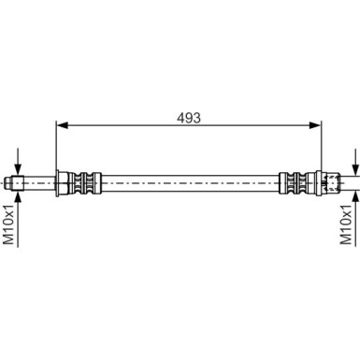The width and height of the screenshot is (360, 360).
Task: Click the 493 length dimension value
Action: click(x=190, y=119)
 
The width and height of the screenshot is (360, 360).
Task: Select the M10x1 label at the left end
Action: click(x=8, y=228)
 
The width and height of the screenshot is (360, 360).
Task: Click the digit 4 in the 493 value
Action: click(x=180, y=119)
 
